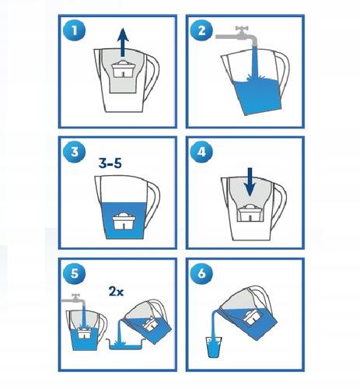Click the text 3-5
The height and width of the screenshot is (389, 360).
pos(114,164)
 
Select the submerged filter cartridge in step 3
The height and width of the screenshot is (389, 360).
pos(123,221)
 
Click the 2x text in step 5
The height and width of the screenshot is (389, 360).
pos(117,293)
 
